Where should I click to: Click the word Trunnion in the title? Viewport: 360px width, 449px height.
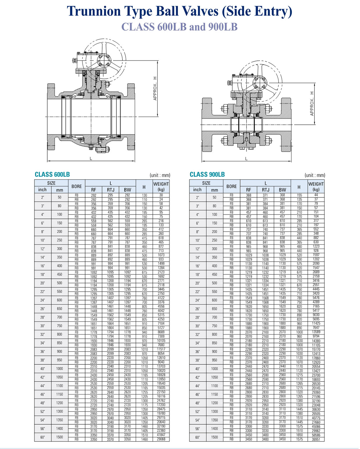94,11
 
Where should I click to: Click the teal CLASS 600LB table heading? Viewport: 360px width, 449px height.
52,174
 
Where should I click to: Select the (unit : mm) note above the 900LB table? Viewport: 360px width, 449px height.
315,175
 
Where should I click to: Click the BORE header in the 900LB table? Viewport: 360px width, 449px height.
231,186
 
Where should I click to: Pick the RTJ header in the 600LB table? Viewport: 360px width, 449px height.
111,190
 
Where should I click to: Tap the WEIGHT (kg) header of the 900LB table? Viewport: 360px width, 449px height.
316,187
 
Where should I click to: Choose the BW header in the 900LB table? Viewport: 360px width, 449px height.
282,190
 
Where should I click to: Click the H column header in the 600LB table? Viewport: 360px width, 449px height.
144,187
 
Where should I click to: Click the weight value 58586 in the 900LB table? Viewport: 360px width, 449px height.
316,435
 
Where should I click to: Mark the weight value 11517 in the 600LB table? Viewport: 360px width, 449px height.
161,349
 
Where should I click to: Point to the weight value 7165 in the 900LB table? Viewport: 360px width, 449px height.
316,306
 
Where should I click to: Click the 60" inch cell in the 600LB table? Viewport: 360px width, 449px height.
42,437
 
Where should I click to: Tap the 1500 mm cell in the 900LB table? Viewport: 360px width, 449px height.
215,437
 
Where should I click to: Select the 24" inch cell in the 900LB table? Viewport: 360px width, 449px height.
197,300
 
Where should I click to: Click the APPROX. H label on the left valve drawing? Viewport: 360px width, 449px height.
155,88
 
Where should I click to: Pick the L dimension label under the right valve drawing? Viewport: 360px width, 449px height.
246,159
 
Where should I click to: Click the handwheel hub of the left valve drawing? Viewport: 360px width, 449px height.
104,60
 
